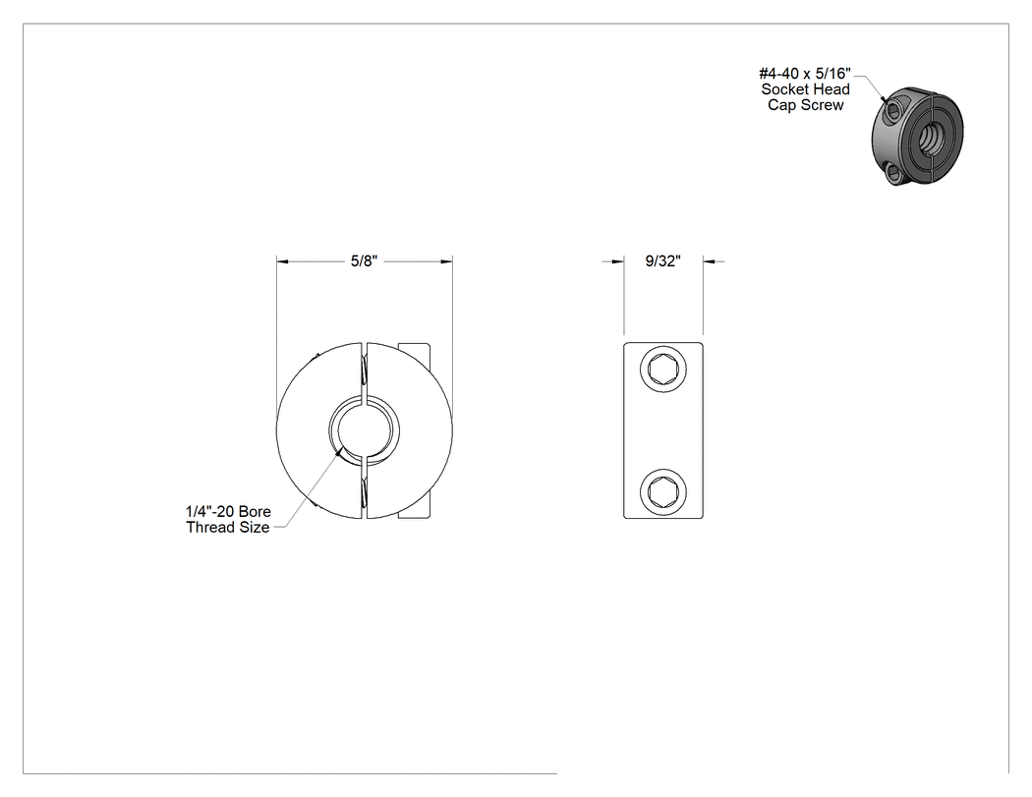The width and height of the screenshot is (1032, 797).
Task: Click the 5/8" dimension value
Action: [x=364, y=261]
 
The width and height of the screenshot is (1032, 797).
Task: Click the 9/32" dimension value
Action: [x=662, y=261]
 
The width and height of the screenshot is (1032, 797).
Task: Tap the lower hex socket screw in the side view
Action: [x=662, y=491]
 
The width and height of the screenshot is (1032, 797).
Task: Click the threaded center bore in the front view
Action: [x=364, y=430]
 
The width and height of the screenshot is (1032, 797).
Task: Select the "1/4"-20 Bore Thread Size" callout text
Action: [x=228, y=519]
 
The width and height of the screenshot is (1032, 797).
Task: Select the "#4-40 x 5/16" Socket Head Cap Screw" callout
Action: [x=806, y=88]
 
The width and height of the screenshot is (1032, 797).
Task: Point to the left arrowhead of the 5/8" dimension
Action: [x=282, y=262]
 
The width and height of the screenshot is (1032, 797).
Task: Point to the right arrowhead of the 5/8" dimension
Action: [x=446, y=262]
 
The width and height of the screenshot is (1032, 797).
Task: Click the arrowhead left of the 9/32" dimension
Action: [x=618, y=262]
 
